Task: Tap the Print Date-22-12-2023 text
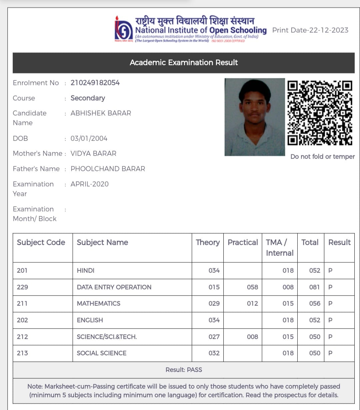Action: click(310, 30)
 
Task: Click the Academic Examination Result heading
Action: click(184, 63)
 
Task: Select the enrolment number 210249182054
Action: click(95, 83)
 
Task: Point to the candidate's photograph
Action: click(255, 117)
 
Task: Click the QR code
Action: click(320, 113)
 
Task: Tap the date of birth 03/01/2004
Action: click(89, 139)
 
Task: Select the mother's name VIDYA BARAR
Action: click(93, 154)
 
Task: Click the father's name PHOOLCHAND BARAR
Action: click(108, 169)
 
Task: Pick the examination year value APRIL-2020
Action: click(89, 184)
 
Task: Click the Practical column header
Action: click(243, 242)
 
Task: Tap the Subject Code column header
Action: click(41, 242)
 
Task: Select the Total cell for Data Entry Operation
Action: click(314, 287)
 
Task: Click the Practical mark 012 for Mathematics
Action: click(252, 303)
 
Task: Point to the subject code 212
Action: click(22, 337)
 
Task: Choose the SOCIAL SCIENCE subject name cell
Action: click(102, 353)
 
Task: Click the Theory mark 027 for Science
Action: click(214, 337)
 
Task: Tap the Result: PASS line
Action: click(184, 370)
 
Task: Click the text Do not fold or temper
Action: click(322, 157)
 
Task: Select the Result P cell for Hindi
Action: click(330, 270)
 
